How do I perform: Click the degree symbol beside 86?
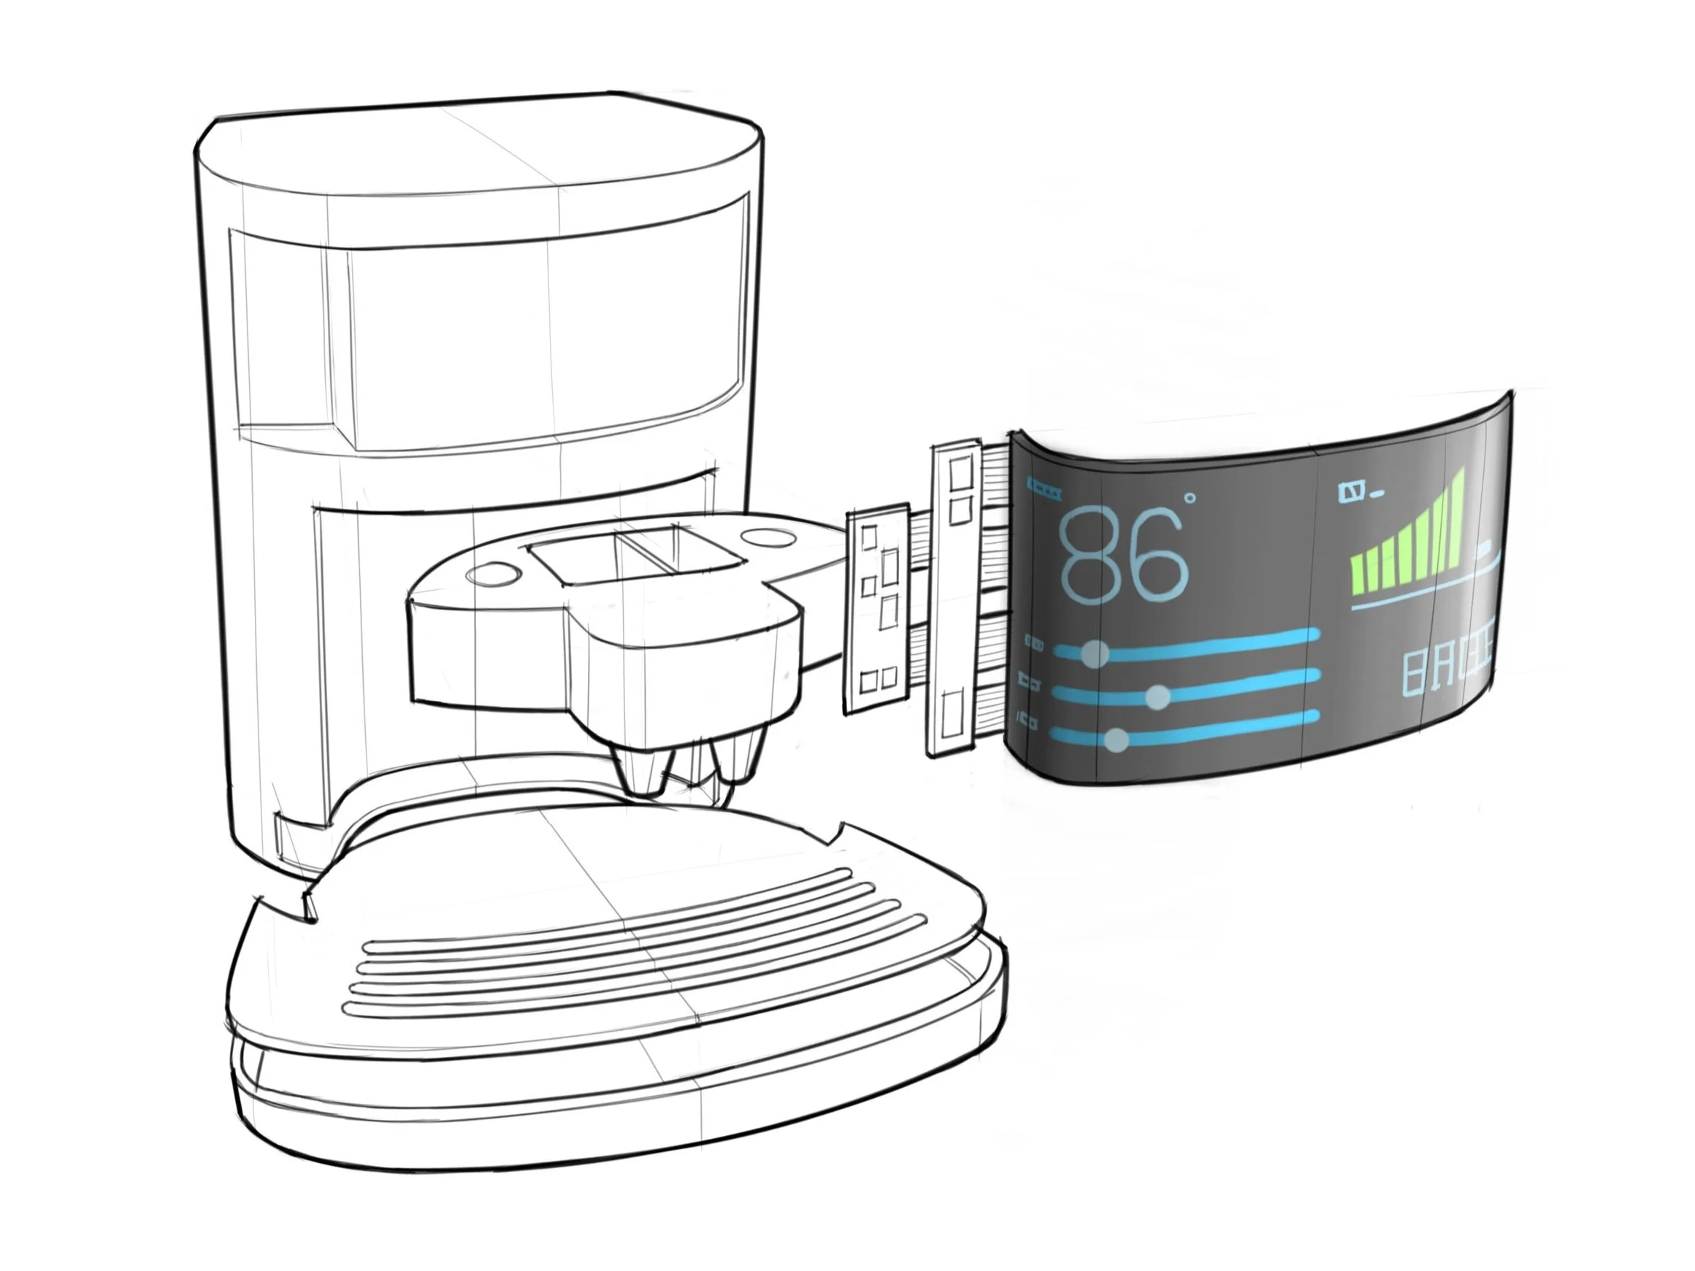pyautogui.click(x=1190, y=499)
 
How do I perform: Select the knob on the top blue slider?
pyautogui.click(x=1094, y=653)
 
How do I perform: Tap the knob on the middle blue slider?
pyautogui.click(x=1159, y=696)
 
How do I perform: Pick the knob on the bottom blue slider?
pyautogui.click(x=1117, y=740)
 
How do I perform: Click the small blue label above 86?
pyautogui.click(x=1044, y=487)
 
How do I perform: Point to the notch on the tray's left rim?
pyautogui.click(x=310, y=904)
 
